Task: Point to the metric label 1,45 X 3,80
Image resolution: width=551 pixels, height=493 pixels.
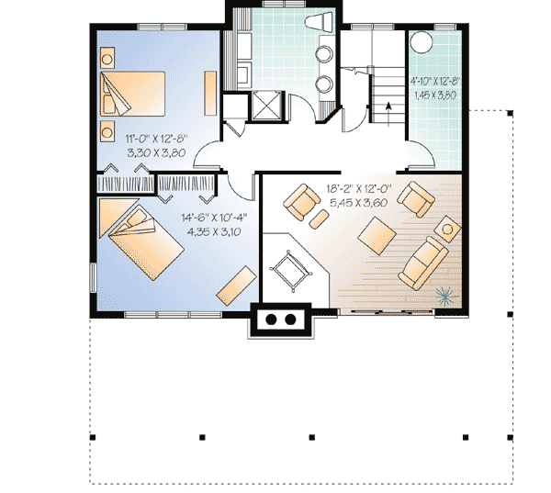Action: tap(434, 95)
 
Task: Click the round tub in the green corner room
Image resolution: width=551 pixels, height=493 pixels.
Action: tap(422, 42)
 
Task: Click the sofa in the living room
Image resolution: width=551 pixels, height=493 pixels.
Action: tap(425, 260)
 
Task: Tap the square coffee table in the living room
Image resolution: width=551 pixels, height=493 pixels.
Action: tap(377, 235)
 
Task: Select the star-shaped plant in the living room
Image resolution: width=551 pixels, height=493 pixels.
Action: tap(444, 296)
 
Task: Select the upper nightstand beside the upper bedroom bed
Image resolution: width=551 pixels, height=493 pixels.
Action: tap(107, 58)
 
